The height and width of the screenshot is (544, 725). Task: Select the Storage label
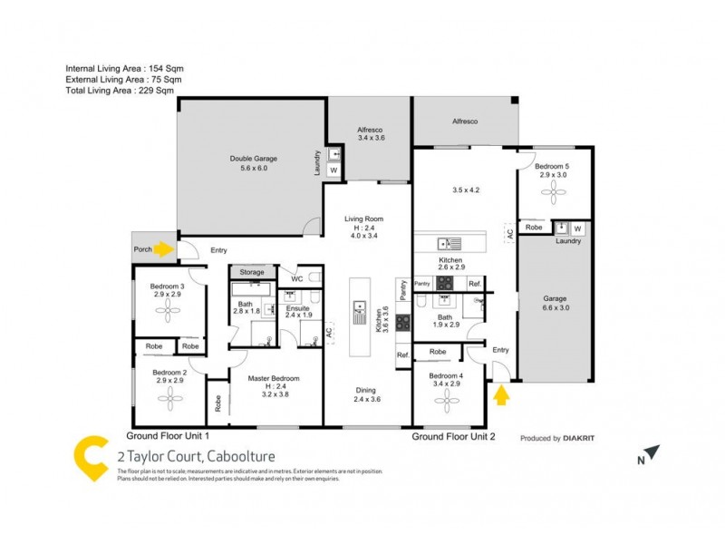(x=252, y=272)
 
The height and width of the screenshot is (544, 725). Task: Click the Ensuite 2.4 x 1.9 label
(x=298, y=314)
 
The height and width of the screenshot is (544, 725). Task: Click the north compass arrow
(x=652, y=452)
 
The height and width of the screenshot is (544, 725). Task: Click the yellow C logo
(x=92, y=458)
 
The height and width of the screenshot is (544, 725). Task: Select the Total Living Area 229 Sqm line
(x=120, y=91)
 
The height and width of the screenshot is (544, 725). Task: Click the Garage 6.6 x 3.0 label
(x=554, y=304)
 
